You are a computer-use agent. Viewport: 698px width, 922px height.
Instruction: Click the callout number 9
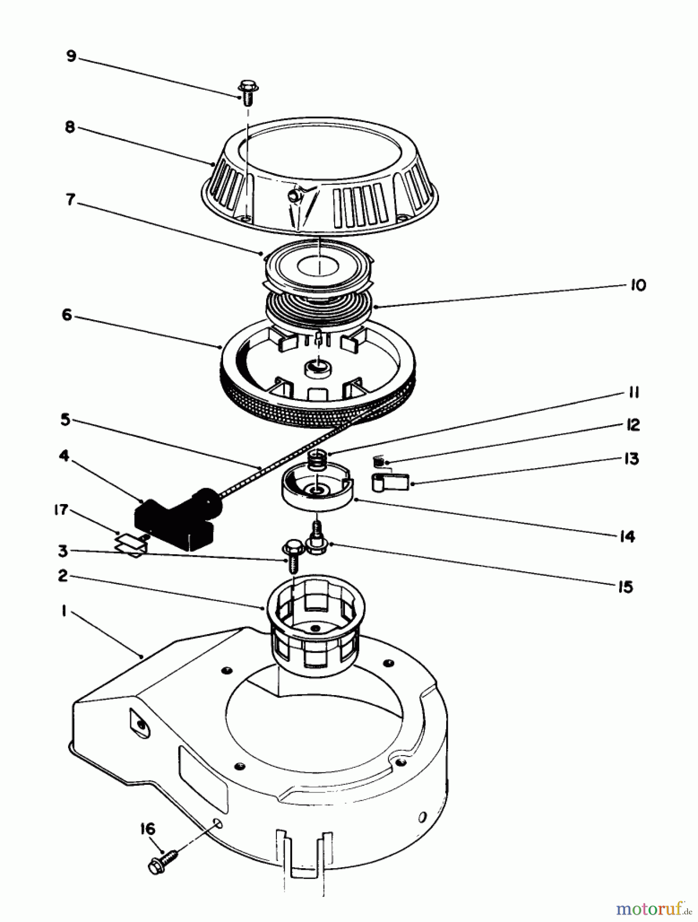tap(71, 55)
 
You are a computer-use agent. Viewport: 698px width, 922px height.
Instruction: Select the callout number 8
tap(70, 127)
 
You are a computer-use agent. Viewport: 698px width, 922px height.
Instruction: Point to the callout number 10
tap(638, 285)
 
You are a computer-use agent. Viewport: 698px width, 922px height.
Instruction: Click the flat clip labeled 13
tap(390, 482)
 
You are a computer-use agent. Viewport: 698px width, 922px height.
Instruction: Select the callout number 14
tap(627, 536)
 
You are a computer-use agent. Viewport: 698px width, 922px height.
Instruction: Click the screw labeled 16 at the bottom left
tap(162, 862)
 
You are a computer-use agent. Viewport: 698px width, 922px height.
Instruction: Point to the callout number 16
tap(147, 829)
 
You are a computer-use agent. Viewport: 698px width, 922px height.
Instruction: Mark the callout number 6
tap(67, 315)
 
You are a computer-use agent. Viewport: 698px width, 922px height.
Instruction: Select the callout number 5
tap(65, 420)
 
